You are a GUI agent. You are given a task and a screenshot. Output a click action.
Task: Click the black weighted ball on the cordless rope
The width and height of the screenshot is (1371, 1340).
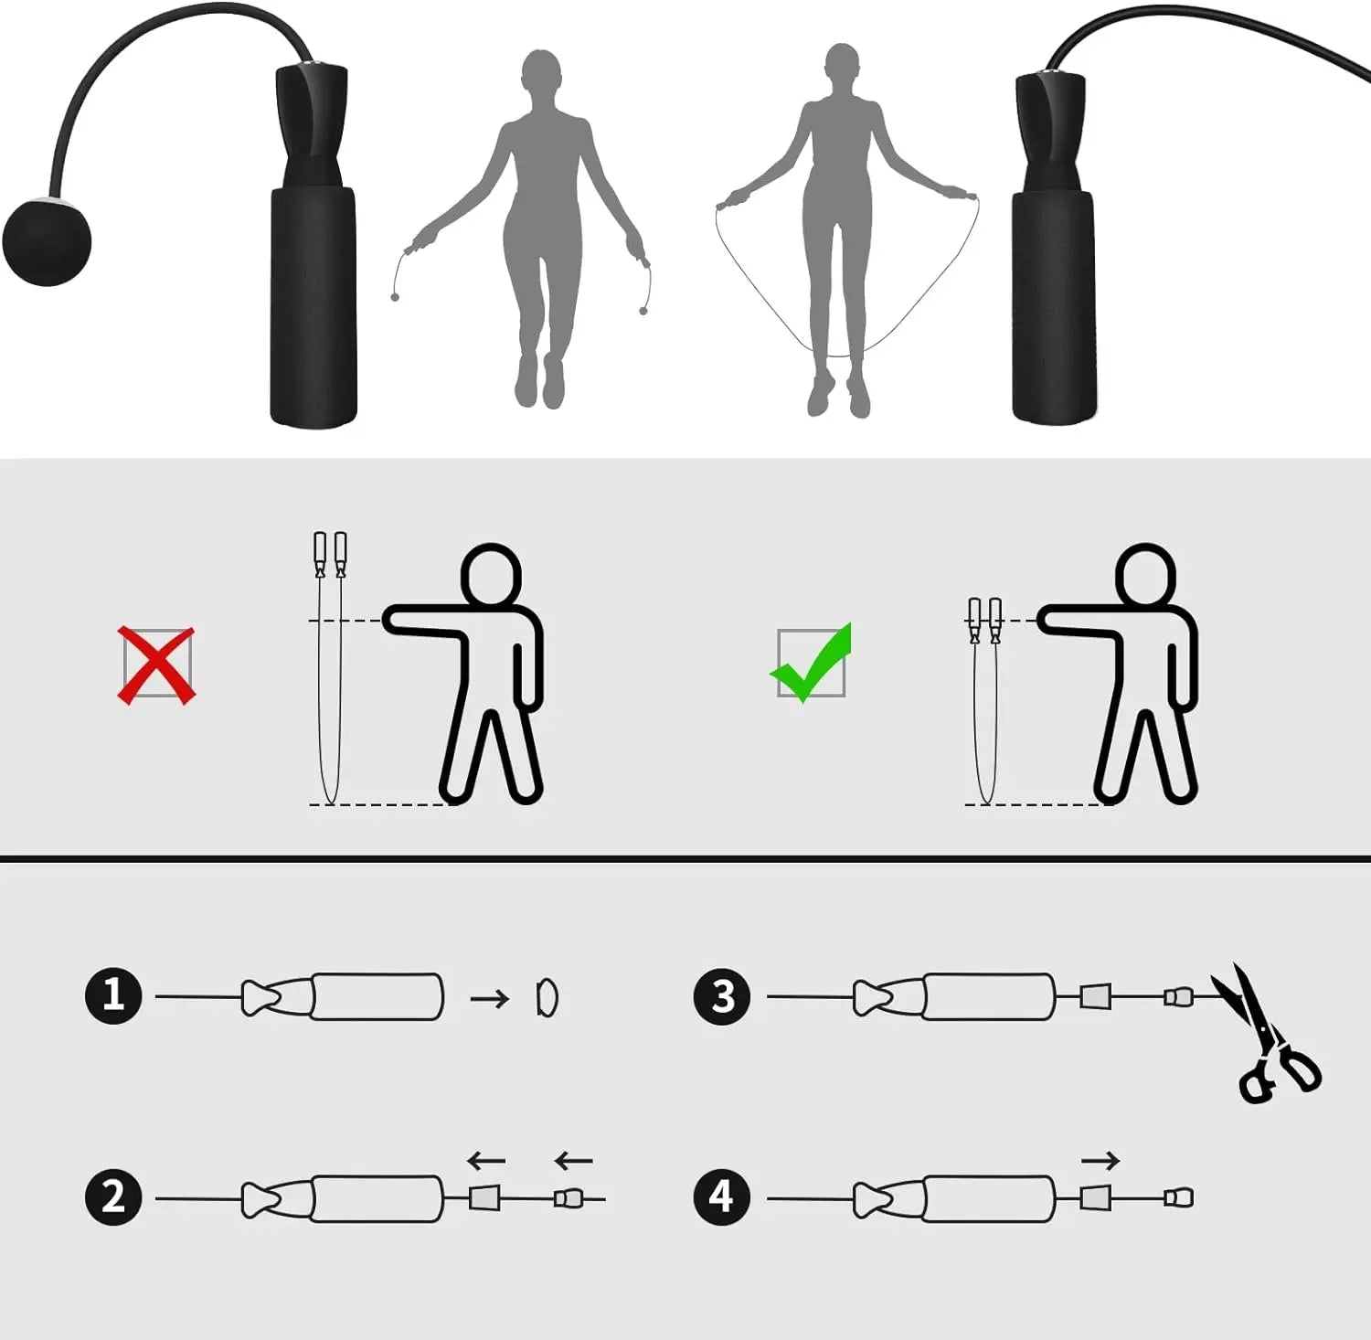coord(48,241)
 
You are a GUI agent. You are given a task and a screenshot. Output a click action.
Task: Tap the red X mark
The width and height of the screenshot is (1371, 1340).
coord(157,665)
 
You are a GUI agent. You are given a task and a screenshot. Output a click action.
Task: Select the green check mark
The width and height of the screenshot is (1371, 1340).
coord(812,664)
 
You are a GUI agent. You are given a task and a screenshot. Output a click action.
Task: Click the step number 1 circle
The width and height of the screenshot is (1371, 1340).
coord(113,994)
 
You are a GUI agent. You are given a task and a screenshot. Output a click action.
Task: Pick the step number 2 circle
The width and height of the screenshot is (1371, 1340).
coord(113,1196)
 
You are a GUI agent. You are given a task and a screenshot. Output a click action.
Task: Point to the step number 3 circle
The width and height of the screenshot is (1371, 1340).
coord(722,995)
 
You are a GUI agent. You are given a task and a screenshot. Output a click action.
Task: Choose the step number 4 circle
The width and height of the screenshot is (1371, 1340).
coord(722,1196)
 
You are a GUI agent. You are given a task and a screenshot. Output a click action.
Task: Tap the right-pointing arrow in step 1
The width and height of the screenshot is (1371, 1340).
coord(490,998)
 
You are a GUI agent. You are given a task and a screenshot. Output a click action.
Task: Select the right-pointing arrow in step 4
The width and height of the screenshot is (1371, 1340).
coord(1100,1161)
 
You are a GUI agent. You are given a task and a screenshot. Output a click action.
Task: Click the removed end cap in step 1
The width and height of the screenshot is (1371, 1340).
coord(547,997)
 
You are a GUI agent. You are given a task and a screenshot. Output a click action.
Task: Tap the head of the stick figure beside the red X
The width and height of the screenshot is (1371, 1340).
coord(491,575)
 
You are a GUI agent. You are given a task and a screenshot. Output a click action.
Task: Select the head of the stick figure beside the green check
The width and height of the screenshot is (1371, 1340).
coord(1145,575)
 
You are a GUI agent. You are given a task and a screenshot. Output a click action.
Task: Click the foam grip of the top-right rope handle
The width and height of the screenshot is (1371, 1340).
coord(1053,306)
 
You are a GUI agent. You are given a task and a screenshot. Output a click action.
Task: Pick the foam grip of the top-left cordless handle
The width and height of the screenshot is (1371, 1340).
coord(313,306)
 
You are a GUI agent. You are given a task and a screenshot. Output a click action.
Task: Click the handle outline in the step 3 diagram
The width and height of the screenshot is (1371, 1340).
coord(987,996)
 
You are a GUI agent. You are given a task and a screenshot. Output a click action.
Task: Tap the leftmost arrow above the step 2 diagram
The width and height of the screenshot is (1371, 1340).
coord(486,1161)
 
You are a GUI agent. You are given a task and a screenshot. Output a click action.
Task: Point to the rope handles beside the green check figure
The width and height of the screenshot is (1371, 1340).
coord(984,622)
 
